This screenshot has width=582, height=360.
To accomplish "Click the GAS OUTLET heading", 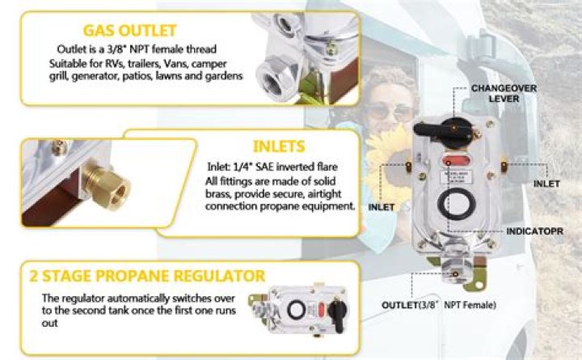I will pyautogui.click(x=137, y=31).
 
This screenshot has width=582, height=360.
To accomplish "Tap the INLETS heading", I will pyautogui.click(x=278, y=147).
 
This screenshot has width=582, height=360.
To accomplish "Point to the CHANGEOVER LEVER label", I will pyautogui.click(x=495, y=93).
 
